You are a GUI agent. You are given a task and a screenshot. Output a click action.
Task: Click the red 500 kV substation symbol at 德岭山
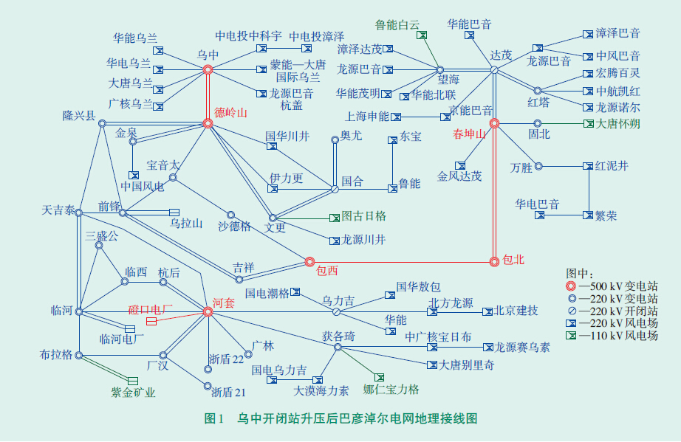point(208,123)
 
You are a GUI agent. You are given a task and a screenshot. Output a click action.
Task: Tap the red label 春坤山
point(470,134)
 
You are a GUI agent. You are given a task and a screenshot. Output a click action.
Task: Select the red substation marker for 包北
point(494,260)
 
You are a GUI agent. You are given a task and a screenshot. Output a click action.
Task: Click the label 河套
point(224,303)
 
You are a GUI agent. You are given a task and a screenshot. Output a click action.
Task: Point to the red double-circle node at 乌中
point(208,69)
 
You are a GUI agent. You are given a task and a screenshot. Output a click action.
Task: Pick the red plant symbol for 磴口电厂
point(151,322)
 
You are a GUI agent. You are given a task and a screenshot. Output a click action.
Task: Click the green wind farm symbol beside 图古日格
point(334,218)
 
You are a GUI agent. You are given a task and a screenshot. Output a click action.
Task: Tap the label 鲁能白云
point(398,24)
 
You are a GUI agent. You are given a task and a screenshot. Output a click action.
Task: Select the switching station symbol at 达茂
point(494,69)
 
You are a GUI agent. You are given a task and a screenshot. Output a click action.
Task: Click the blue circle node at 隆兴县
point(103,123)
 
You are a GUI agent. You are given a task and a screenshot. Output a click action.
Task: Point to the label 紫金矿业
point(134,393)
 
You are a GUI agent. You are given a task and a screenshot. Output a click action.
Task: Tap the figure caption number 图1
point(213,418)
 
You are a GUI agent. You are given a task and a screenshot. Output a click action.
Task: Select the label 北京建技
point(516,310)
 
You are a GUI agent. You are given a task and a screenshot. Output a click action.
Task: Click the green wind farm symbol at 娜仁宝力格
point(380,377)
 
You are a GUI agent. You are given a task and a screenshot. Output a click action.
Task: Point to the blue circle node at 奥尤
point(334,139)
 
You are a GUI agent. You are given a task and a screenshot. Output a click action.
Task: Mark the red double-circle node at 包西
point(309,260)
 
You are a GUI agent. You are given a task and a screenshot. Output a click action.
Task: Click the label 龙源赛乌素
point(524,347)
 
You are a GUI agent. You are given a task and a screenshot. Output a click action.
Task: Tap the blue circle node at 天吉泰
point(78,213)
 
